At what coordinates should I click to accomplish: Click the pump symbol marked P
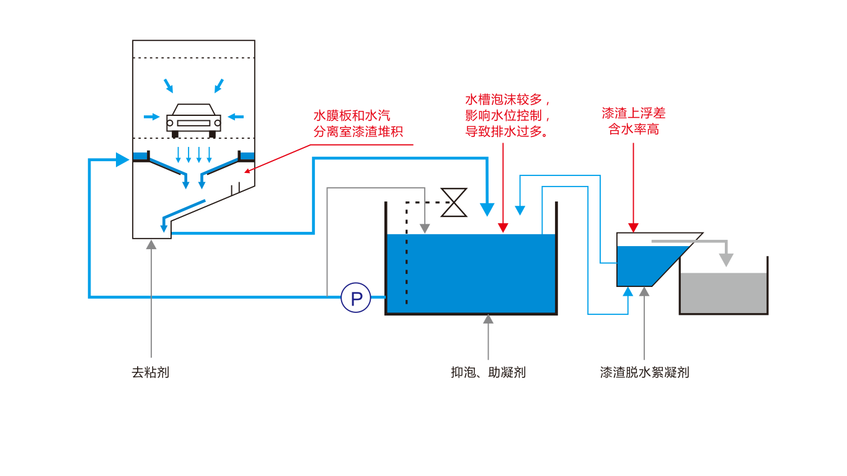coord(356,298)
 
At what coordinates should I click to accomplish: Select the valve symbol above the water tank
coord(454,203)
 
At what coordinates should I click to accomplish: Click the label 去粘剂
coord(150,372)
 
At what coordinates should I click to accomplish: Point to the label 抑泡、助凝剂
coord(488,372)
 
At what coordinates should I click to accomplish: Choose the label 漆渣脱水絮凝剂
coord(644,372)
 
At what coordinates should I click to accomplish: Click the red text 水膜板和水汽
coord(352,116)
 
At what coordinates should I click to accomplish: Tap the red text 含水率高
coord(633,130)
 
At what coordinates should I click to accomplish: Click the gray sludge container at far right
coord(724,293)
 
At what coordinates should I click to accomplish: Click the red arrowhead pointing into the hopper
coord(633,227)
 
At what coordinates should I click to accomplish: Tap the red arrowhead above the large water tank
coord(503,227)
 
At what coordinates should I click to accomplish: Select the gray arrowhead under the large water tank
coord(488,319)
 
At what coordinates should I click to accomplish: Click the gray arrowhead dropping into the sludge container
coord(726,260)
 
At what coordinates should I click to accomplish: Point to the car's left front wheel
coord(175,134)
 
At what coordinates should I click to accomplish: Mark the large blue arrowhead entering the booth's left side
coord(122,160)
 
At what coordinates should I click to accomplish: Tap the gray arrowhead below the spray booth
coord(151,245)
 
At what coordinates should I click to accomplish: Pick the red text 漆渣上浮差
coord(633,113)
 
